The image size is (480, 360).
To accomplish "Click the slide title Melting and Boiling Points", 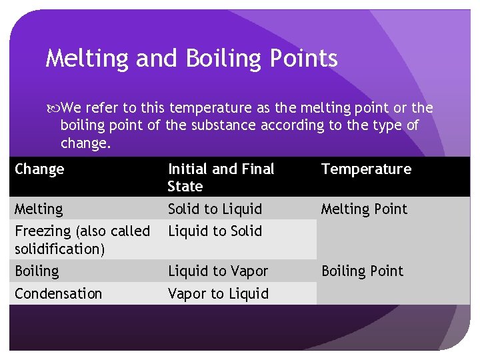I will tap(191, 59).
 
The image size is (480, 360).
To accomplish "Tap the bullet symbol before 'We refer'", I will tap(53, 108).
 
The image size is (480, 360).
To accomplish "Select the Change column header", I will tap(39, 169).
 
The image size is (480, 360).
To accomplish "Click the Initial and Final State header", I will tap(221, 177).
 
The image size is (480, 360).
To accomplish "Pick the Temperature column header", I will tap(366, 169).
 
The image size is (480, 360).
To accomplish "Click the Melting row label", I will tap(39, 209).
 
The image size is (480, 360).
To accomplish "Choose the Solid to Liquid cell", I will tap(214, 209).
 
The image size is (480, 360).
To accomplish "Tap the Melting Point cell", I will tap(363, 209).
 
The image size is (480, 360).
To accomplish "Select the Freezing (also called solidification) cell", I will tap(82, 240).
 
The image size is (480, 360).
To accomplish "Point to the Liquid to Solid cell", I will tap(215, 231).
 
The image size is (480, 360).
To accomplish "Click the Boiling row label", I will tap(37, 271).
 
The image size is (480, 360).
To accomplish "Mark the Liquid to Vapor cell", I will tap(217, 271).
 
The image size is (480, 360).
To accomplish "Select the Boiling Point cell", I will tap(362, 271).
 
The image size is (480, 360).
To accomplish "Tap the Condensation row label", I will tap(58, 294).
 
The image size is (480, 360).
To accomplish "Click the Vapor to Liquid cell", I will tap(218, 294).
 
